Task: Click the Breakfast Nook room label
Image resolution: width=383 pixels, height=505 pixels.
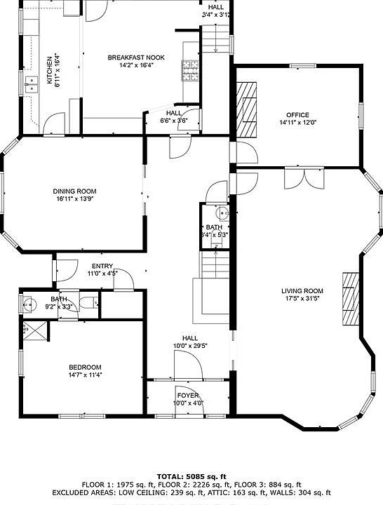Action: [136, 58]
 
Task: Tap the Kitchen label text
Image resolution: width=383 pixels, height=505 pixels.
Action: [49, 69]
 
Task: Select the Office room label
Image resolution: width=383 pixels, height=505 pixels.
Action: [297, 115]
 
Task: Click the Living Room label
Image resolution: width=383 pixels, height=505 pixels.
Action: [302, 291]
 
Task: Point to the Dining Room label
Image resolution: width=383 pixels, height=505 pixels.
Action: [74, 191]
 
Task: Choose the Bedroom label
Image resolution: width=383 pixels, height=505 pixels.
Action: [84, 368]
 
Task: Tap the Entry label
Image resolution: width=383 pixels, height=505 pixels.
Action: [102, 266]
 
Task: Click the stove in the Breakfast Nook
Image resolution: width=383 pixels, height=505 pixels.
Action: [189, 70]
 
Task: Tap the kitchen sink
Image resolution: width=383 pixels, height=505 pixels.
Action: [31, 86]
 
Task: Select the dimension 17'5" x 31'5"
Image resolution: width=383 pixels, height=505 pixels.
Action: [302, 299]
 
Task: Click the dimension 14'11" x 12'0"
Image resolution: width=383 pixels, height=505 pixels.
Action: [297, 123]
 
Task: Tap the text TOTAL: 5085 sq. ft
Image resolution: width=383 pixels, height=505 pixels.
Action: [191, 475]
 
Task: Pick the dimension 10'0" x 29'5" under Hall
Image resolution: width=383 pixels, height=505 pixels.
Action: [189, 345]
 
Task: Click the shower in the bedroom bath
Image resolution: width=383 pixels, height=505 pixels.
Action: [34, 330]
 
